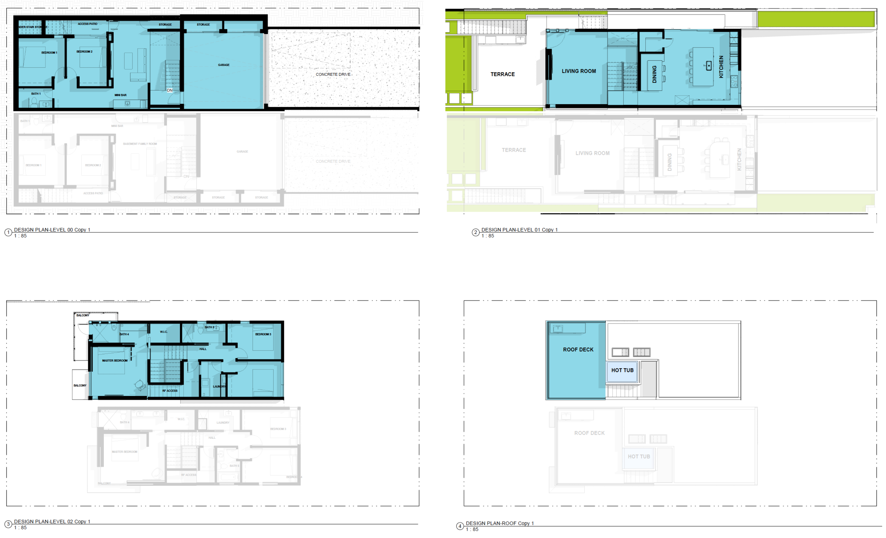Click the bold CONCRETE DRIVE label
click(x=333, y=74)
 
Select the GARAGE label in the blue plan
click(x=224, y=65)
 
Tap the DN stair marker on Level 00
click(x=170, y=90)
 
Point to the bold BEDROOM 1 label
click(x=49, y=53)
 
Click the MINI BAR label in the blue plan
click(x=120, y=95)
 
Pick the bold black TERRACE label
click(x=502, y=74)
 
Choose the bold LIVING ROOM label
click(x=579, y=71)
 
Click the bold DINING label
click(x=655, y=74)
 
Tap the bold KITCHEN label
click(x=721, y=67)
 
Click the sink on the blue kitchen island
click(x=709, y=66)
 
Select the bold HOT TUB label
click(x=622, y=370)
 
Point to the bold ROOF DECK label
click(x=578, y=349)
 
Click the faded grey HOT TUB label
click(x=639, y=457)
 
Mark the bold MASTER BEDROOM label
click(x=115, y=361)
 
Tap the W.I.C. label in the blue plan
click(x=164, y=332)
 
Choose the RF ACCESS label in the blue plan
click(x=170, y=391)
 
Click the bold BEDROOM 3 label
click(x=263, y=335)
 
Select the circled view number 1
click(x=8, y=233)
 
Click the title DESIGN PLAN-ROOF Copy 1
click(x=499, y=523)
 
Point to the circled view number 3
click(x=8, y=524)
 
